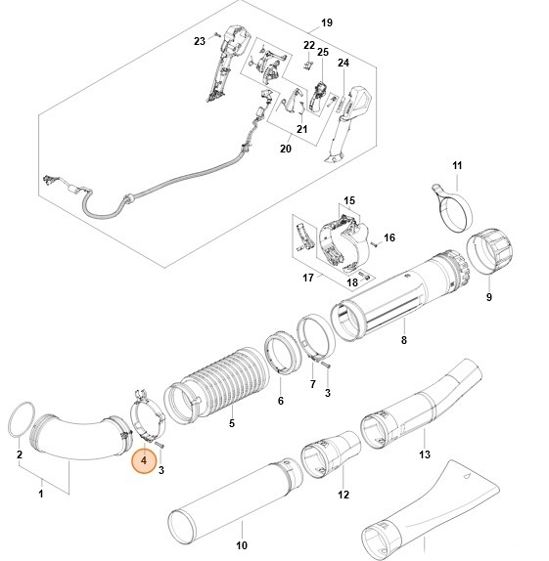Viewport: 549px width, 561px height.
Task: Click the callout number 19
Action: tap(327, 22)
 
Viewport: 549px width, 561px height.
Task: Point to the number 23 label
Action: tap(199, 41)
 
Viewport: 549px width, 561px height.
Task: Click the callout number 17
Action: tap(307, 279)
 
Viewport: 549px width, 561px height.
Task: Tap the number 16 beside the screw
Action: tap(389, 237)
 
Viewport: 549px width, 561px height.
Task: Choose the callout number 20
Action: tap(286, 149)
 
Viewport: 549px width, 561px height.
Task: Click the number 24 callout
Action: tap(343, 64)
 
